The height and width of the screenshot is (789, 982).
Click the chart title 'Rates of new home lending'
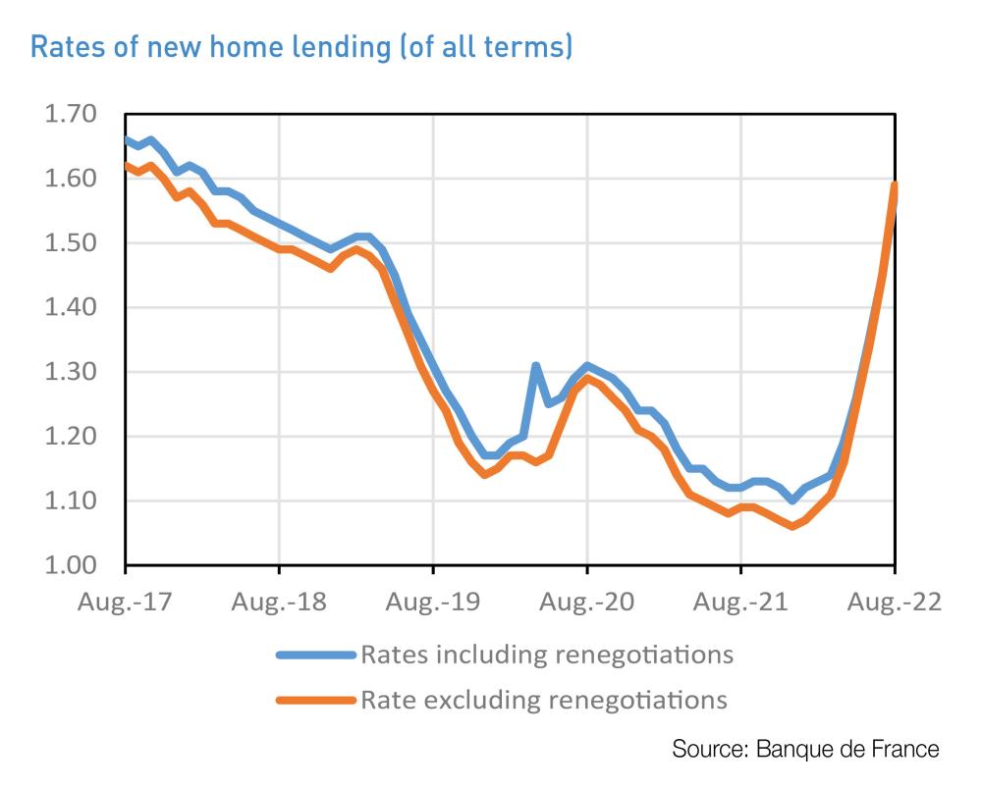[x=301, y=46]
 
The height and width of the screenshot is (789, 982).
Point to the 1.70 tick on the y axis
[x=70, y=115]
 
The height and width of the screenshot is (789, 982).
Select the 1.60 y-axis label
[x=70, y=180]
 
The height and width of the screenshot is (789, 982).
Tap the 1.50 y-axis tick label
[x=70, y=243]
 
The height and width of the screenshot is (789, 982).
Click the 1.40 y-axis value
[x=70, y=308]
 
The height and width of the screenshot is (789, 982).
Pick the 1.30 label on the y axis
[x=70, y=373]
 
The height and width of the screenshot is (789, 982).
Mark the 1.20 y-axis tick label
[x=70, y=437]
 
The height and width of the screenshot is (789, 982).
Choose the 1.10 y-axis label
[x=70, y=501]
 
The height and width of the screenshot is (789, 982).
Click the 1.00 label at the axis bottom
[x=70, y=566]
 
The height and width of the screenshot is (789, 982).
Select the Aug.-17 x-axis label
[x=126, y=602]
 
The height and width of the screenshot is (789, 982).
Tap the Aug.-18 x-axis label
[x=279, y=602]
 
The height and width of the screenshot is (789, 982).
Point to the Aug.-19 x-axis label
[x=433, y=602]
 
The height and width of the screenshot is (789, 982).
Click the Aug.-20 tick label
[x=586, y=602]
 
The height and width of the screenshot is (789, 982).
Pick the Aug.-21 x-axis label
[x=740, y=602]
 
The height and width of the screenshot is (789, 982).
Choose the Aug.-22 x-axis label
[x=894, y=602]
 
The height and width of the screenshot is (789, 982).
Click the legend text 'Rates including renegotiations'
[x=547, y=654]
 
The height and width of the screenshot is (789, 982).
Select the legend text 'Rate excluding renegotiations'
[x=544, y=700]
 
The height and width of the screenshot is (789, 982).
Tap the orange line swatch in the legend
[x=315, y=701]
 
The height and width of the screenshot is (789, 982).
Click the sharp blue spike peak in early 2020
[x=536, y=366]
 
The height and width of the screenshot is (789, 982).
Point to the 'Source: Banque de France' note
[x=805, y=750]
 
